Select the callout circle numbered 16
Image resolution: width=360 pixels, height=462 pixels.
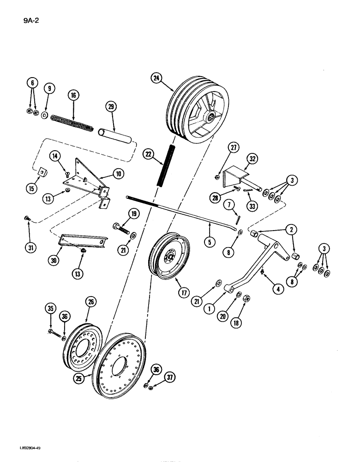pos(72,96)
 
